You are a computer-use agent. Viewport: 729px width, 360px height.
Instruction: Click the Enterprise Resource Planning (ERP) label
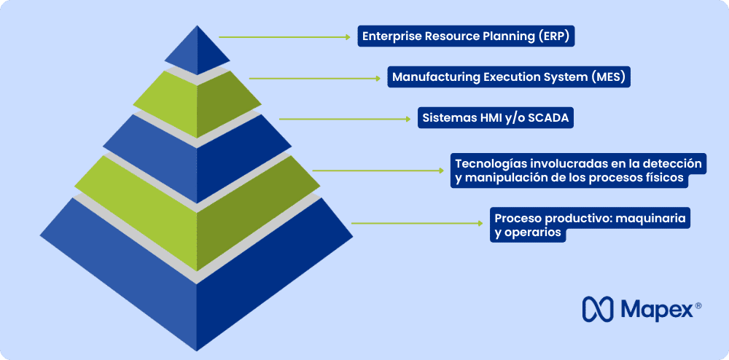pos(466,36)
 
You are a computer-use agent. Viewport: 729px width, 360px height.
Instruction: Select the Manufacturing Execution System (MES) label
pos(509,77)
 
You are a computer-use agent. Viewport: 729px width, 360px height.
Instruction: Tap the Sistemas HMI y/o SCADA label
pos(496,117)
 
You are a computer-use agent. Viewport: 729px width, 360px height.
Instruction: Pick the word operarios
pos(528,232)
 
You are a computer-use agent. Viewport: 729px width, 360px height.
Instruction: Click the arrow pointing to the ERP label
pos(284,36)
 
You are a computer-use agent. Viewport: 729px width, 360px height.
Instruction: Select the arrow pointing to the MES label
pos(315,79)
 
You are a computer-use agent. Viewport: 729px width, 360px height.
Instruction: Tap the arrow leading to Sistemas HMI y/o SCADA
pos(345,119)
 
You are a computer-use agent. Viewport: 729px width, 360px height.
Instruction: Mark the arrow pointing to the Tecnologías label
pos(378,171)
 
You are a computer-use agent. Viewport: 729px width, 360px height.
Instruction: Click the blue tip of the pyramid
pos(197,50)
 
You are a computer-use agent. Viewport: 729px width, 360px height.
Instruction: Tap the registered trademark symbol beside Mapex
pos(698,305)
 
